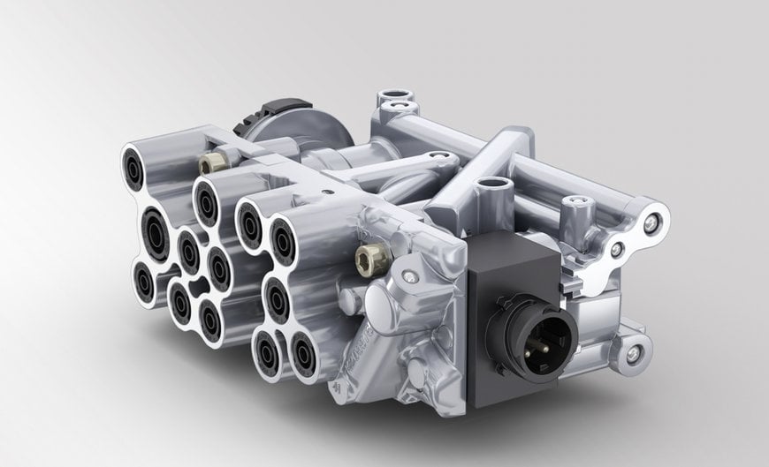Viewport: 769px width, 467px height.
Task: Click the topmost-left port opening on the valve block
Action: pyautogui.click(x=139, y=164)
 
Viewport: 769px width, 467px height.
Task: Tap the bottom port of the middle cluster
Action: pyautogui.click(x=210, y=319)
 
